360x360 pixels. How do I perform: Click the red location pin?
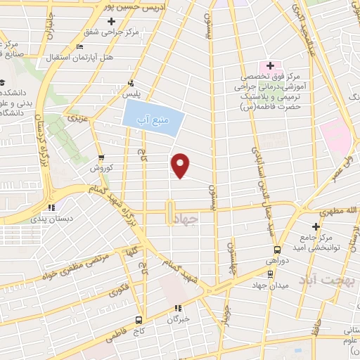tap(181, 165)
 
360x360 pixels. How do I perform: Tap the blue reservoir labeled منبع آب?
tap(154, 115)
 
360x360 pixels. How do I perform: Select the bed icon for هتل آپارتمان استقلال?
tap(79, 46)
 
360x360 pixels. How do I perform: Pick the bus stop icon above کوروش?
tap(102, 157)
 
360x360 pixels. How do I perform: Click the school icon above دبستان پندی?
tap(51, 207)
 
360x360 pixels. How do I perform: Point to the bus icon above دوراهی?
tap(277, 250)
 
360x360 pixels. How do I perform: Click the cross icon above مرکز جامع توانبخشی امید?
tap(316, 226)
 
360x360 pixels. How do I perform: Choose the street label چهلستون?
tap(231, 259)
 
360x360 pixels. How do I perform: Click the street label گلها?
tap(130, 250)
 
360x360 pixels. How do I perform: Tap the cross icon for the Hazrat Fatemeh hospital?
tap(270, 65)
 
